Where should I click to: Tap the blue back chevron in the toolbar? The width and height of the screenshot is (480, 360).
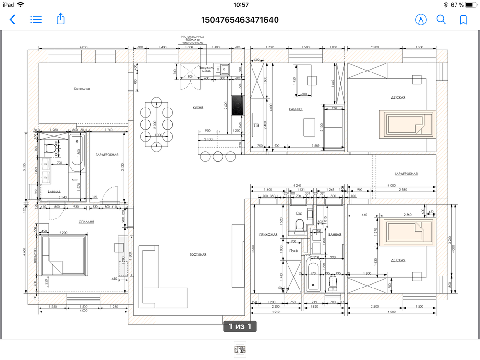coord(12,20)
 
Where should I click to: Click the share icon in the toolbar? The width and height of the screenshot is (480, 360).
coord(60,19)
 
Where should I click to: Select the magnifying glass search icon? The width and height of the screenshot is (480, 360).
coord(441,20)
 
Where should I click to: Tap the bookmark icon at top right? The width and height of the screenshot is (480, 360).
coord(463,20)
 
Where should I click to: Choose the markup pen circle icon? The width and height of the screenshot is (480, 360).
coord(421,20)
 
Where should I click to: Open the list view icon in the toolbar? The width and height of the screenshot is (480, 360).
coord(36,20)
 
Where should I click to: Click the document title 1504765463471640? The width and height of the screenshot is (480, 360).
coord(240,20)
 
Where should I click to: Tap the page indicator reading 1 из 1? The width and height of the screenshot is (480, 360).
coord(240,327)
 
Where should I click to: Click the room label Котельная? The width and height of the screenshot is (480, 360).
coord(83,89)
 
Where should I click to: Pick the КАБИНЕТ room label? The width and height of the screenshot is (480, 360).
coord(296,109)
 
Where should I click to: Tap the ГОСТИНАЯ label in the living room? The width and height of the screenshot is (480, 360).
coord(198,254)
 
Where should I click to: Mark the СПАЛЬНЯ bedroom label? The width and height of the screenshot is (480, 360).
coord(86,222)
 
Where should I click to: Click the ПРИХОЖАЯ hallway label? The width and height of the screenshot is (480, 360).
coord(268,235)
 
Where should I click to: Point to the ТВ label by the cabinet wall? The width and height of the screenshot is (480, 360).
coord(256,125)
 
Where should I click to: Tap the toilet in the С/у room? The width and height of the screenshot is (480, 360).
coord(299,224)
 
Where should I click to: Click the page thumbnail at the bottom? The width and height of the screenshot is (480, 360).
coord(239,349)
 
